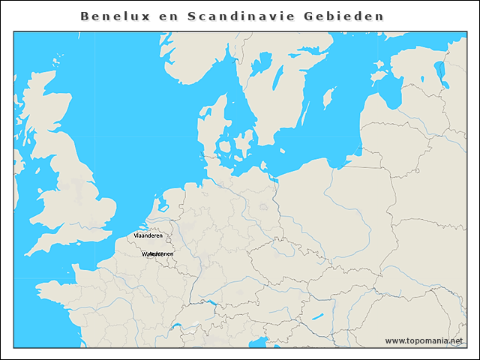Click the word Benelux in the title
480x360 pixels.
[111, 16]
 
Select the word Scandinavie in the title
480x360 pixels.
[242, 16]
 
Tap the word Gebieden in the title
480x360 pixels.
[347, 16]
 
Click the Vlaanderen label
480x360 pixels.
[148, 235]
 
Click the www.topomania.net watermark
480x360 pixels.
[424, 340]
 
